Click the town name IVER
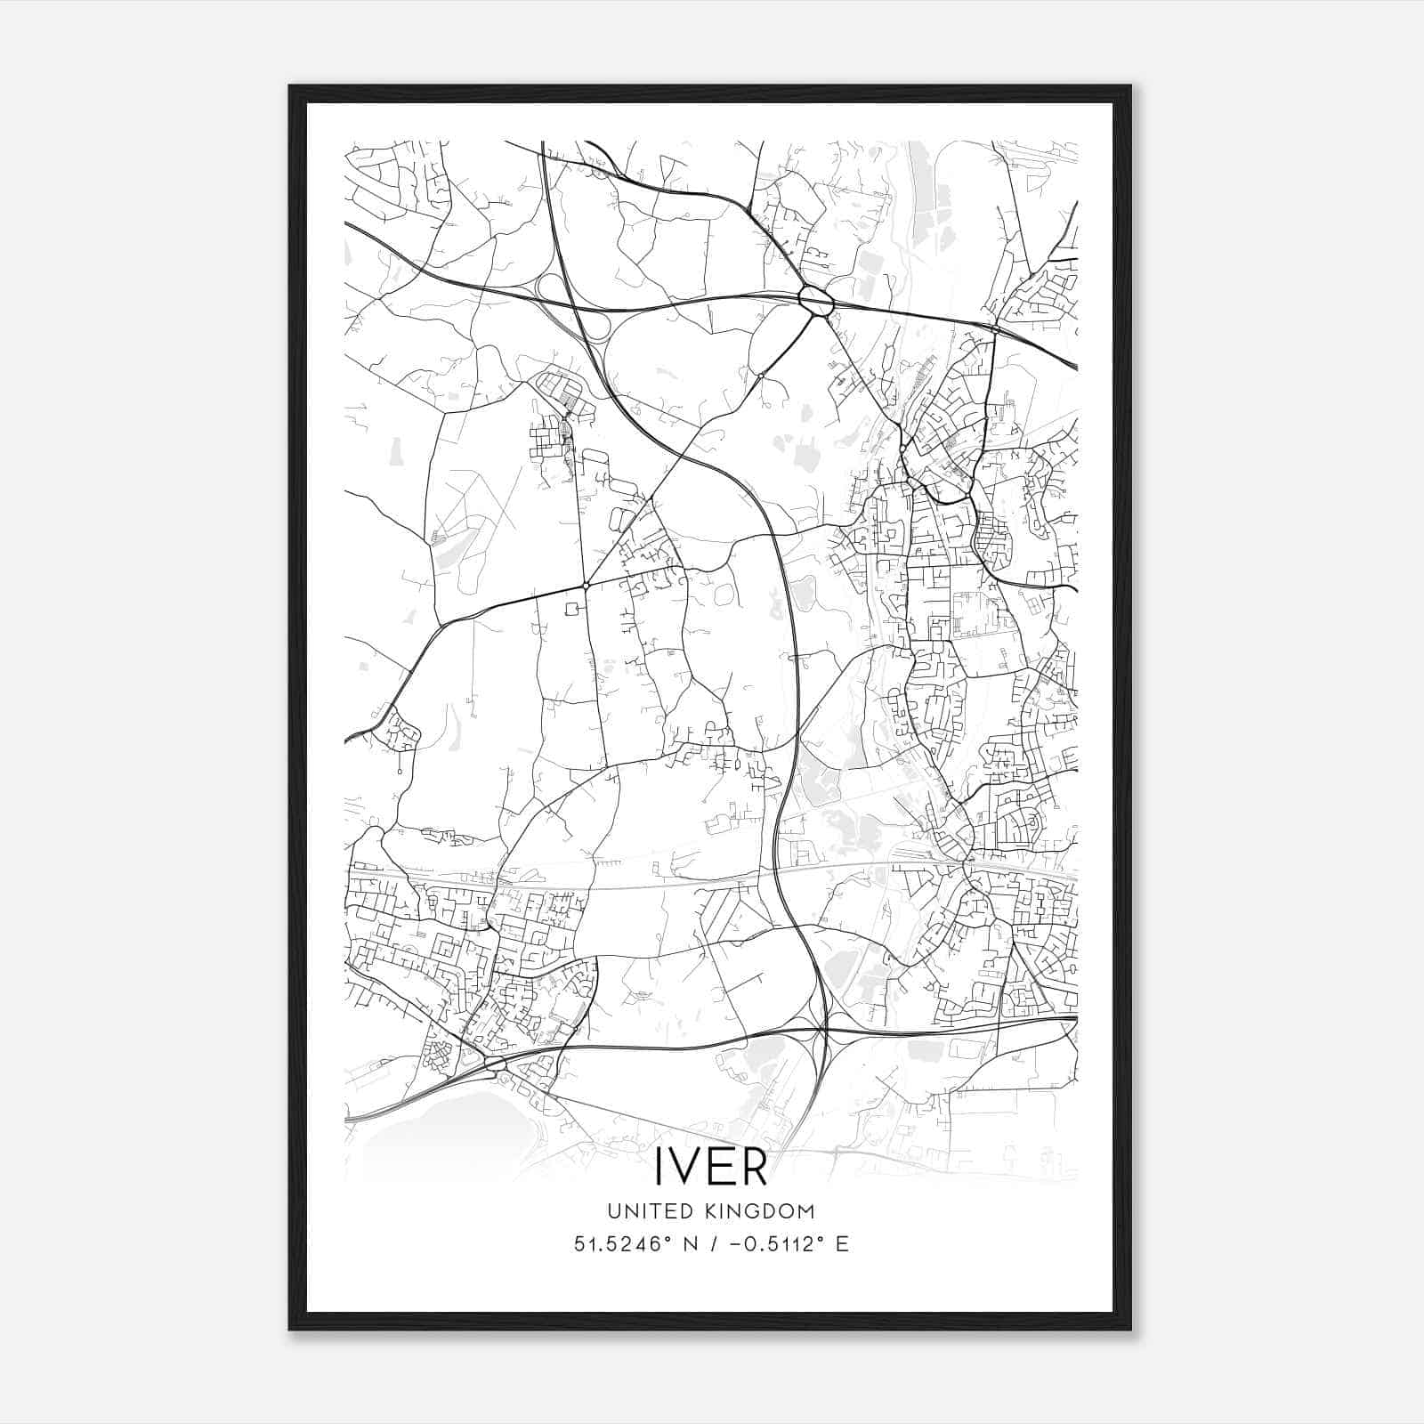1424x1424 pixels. (x=711, y=1167)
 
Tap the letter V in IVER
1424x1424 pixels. (x=686, y=1167)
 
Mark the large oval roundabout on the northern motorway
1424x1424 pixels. (x=815, y=300)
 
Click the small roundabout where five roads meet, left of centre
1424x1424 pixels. (x=586, y=585)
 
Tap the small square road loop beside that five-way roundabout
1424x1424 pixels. (x=570, y=608)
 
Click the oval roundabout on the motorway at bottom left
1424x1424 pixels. (x=495, y=1064)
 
